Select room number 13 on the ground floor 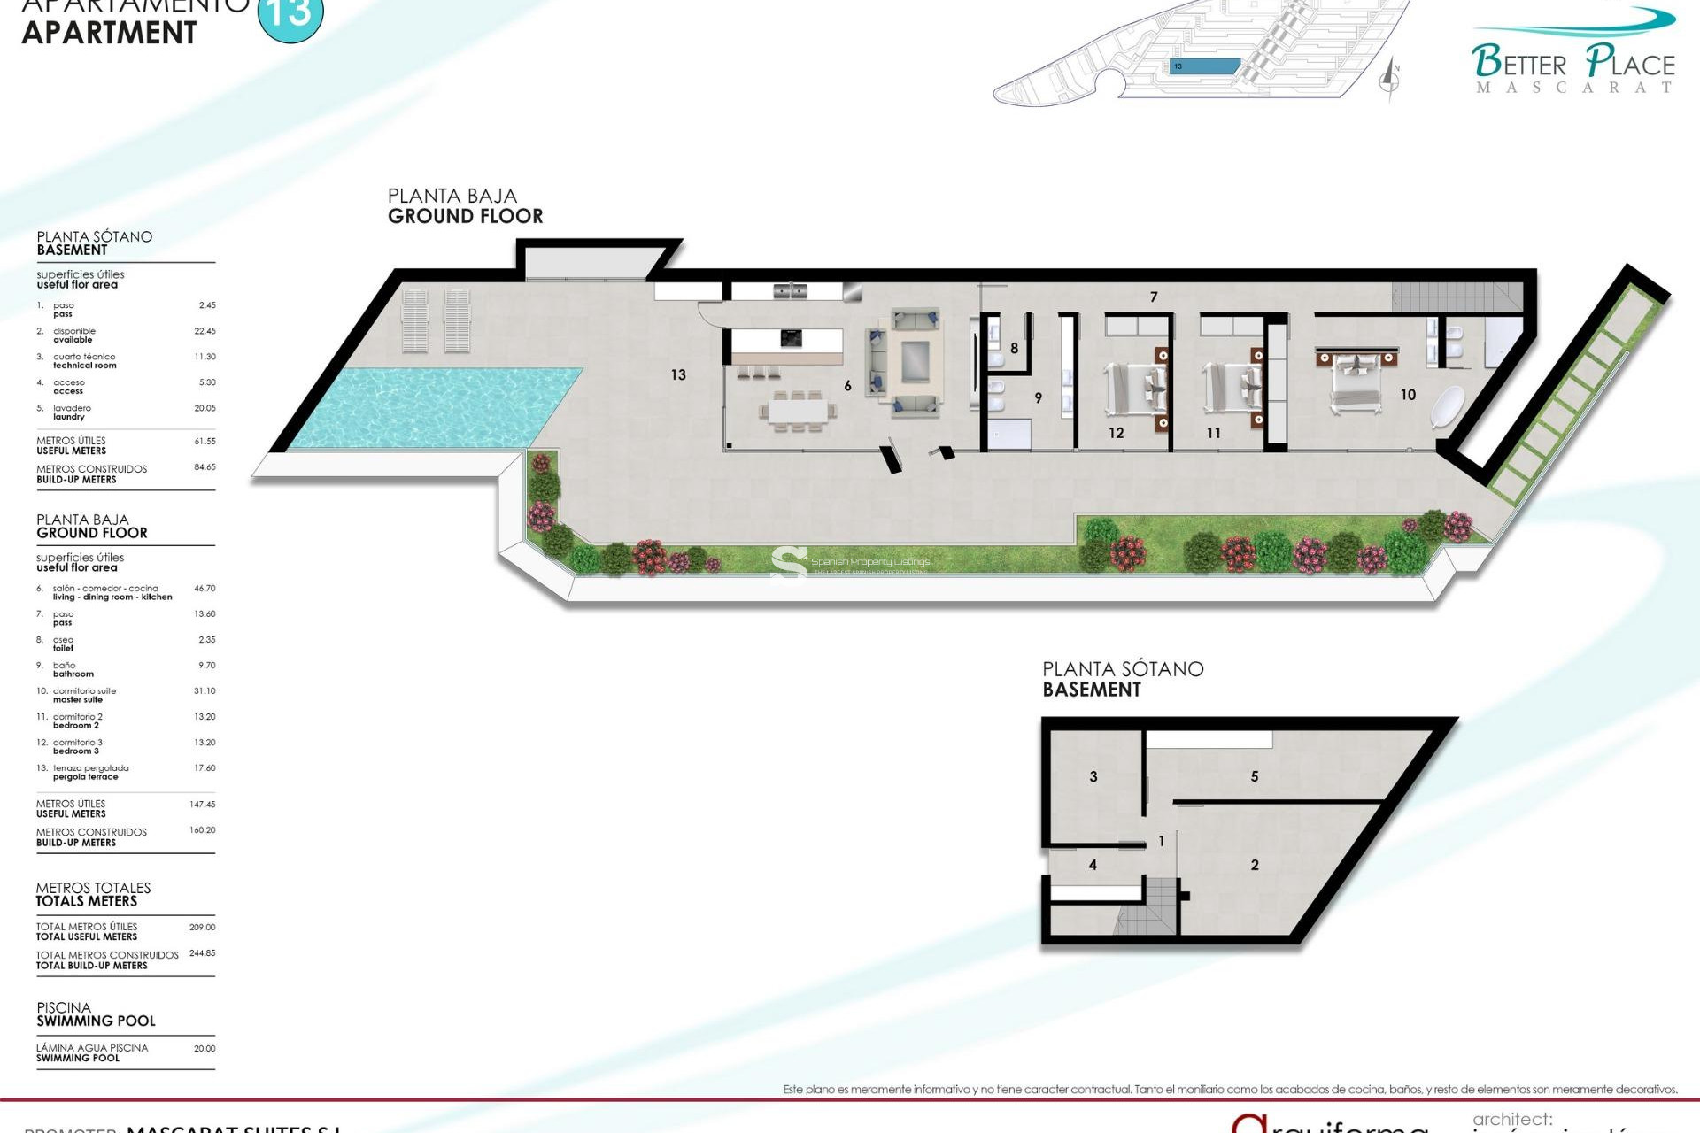[x=678, y=375]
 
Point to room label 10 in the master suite [x=1408, y=395]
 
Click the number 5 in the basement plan [x=1255, y=776]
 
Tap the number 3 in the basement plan [x=1093, y=776]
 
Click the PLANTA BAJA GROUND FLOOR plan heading [x=465, y=206]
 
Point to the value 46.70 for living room [x=205, y=588]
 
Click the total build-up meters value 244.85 [x=202, y=953]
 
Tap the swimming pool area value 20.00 [x=205, y=1048]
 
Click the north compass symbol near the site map [x=1390, y=80]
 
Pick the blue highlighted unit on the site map [x=1205, y=66]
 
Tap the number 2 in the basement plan [x=1255, y=865]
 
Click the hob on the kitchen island [x=791, y=337]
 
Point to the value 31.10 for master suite [x=205, y=690]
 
